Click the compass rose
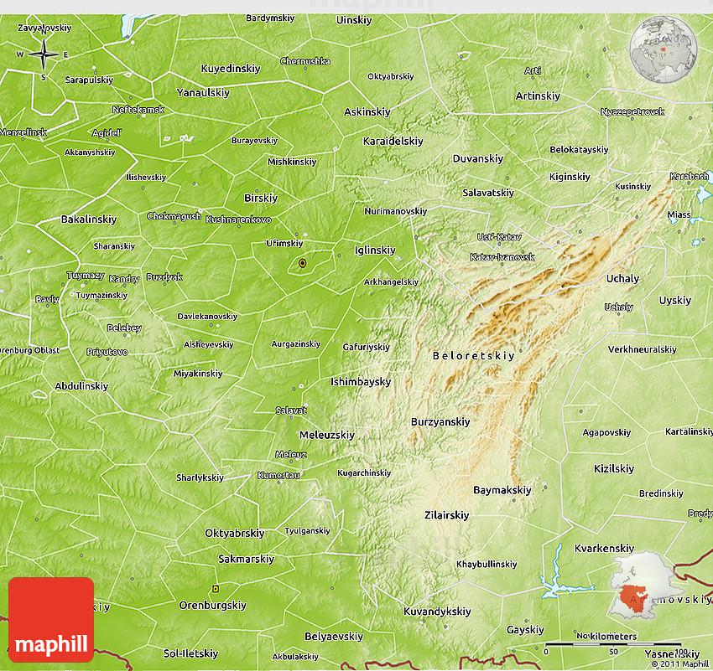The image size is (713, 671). pyautogui.click(x=43, y=55)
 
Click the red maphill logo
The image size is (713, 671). pyautogui.click(x=51, y=620)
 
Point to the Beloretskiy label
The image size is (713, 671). pyautogui.click(x=473, y=356)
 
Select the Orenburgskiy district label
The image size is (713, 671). pyautogui.click(x=212, y=605)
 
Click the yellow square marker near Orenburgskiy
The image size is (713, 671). pyautogui.click(x=216, y=589)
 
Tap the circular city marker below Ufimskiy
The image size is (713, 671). pyautogui.click(x=302, y=264)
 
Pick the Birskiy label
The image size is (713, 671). pyautogui.click(x=260, y=199)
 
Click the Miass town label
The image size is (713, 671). pyautogui.click(x=679, y=215)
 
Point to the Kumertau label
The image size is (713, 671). pyautogui.click(x=278, y=475)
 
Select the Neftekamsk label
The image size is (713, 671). pyautogui.click(x=138, y=110)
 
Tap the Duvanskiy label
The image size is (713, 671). pyautogui.click(x=477, y=158)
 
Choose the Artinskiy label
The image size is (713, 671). pyautogui.click(x=538, y=96)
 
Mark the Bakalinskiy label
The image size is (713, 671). pyautogui.click(x=89, y=219)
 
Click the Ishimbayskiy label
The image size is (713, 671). pyautogui.click(x=361, y=382)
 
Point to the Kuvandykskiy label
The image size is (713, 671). pyautogui.click(x=437, y=612)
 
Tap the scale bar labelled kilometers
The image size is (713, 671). pyautogui.click(x=612, y=644)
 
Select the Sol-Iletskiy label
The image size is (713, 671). pyautogui.click(x=190, y=653)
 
